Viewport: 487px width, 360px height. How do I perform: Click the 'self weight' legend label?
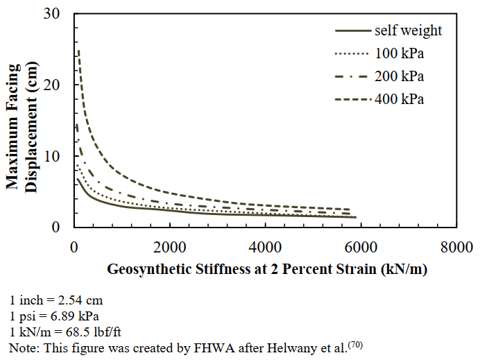(408, 31)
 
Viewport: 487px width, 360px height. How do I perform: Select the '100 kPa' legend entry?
(399, 53)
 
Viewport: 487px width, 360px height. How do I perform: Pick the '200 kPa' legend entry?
(399, 76)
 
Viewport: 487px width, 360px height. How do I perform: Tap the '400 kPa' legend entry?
(399, 99)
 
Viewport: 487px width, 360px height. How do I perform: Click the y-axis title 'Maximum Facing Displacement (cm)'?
(22, 121)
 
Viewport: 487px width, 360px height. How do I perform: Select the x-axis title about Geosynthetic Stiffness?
(266, 269)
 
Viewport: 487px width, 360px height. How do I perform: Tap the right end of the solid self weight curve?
(355, 217)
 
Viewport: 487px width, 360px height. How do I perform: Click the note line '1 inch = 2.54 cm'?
(50, 302)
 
